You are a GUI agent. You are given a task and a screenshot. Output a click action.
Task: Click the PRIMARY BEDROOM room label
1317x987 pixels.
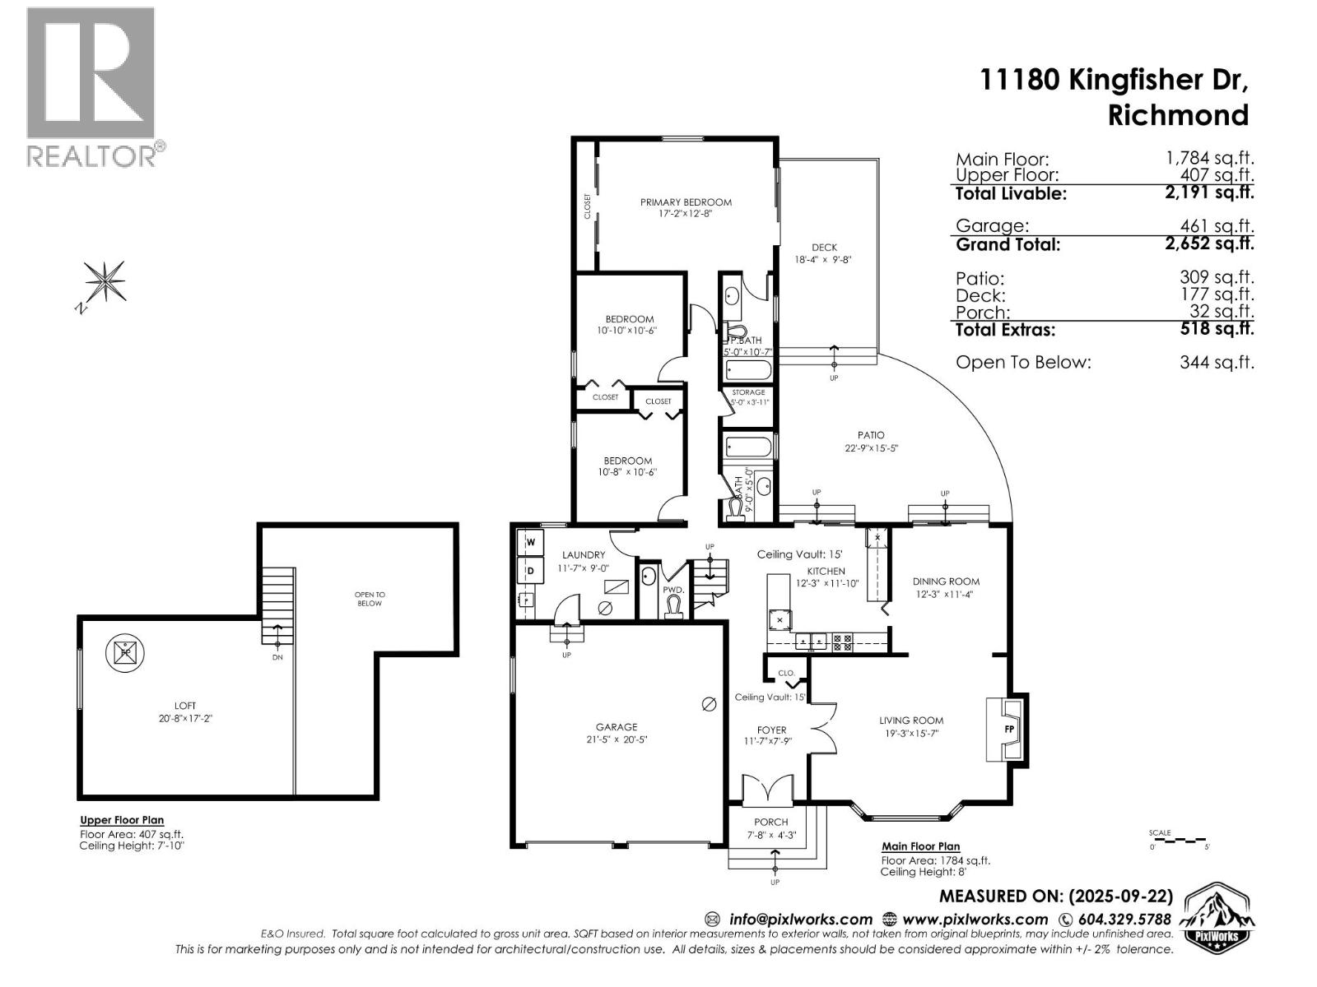[686, 202]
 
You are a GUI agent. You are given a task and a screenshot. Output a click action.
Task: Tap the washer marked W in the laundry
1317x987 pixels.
[531, 542]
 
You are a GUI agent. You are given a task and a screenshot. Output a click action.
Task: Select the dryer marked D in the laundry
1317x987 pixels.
[531, 569]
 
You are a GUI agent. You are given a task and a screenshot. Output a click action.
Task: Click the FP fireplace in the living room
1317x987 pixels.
[1007, 730]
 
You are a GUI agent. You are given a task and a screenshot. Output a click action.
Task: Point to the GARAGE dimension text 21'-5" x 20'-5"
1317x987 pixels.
[617, 739]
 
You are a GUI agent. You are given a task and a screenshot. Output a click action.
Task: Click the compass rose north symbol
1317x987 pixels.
[105, 281]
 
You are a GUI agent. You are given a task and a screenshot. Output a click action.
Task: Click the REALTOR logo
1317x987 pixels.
[92, 86]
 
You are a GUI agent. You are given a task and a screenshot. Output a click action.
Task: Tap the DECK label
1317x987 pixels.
[824, 247]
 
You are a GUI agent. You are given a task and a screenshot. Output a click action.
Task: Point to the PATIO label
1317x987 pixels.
[871, 435]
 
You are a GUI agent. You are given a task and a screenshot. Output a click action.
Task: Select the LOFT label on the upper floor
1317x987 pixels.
[185, 706]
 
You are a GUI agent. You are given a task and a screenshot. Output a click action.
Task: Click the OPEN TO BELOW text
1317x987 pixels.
[370, 599]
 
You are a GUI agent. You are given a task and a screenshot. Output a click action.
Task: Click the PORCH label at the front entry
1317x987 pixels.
[771, 822]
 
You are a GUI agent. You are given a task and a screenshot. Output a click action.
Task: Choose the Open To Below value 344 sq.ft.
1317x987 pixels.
[1217, 362]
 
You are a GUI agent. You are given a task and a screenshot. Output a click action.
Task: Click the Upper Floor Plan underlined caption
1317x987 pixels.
[122, 820]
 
